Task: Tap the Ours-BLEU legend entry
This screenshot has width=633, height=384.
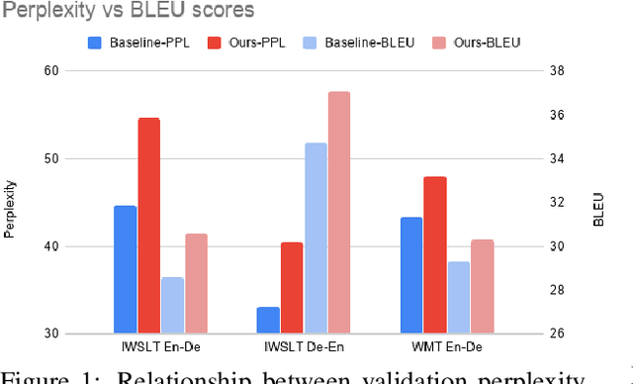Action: tap(481, 42)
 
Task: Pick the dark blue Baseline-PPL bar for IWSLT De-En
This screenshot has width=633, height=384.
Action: tap(268, 320)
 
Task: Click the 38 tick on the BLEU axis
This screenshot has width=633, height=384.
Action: tap(557, 71)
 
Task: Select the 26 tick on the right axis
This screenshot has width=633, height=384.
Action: tap(557, 334)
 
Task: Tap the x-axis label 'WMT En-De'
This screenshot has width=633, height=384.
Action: tap(446, 348)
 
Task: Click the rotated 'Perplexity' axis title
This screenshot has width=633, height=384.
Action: tap(10, 209)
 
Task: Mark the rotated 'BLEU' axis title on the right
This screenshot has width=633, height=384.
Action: tap(598, 209)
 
